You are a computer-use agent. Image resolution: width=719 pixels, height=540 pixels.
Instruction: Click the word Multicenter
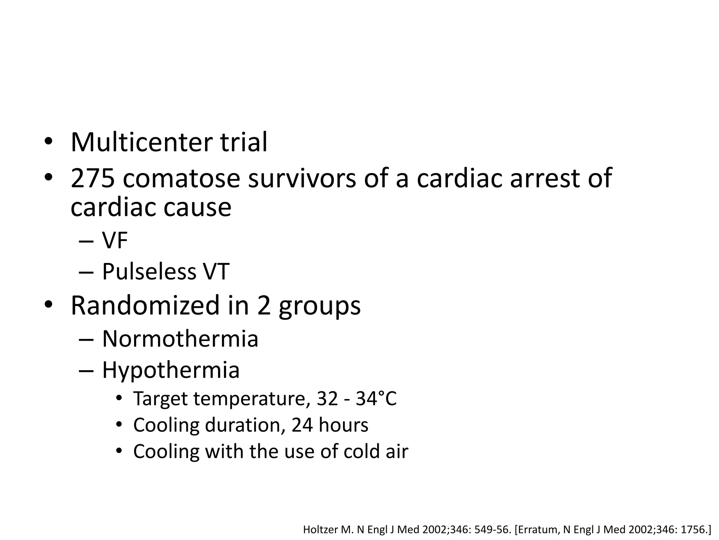pyautogui.click(x=141, y=142)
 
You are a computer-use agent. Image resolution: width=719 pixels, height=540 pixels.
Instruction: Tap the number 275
pyautogui.click(x=93, y=178)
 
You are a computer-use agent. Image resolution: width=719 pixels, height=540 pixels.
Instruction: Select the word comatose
pyautogui.click(x=181, y=178)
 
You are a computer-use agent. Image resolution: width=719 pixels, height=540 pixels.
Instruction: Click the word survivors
pyautogui.click(x=302, y=178)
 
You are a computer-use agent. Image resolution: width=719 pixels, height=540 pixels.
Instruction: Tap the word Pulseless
pyautogui.click(x=149, y=272)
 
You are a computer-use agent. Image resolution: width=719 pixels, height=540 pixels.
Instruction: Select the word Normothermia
pyautogui.click(x=180, y=339)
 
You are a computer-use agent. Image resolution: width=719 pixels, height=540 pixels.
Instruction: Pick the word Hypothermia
pyautogui.click(x=171, y=371)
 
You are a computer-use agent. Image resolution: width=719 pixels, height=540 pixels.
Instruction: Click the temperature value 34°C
pyautogui.click(x=376, y=399)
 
